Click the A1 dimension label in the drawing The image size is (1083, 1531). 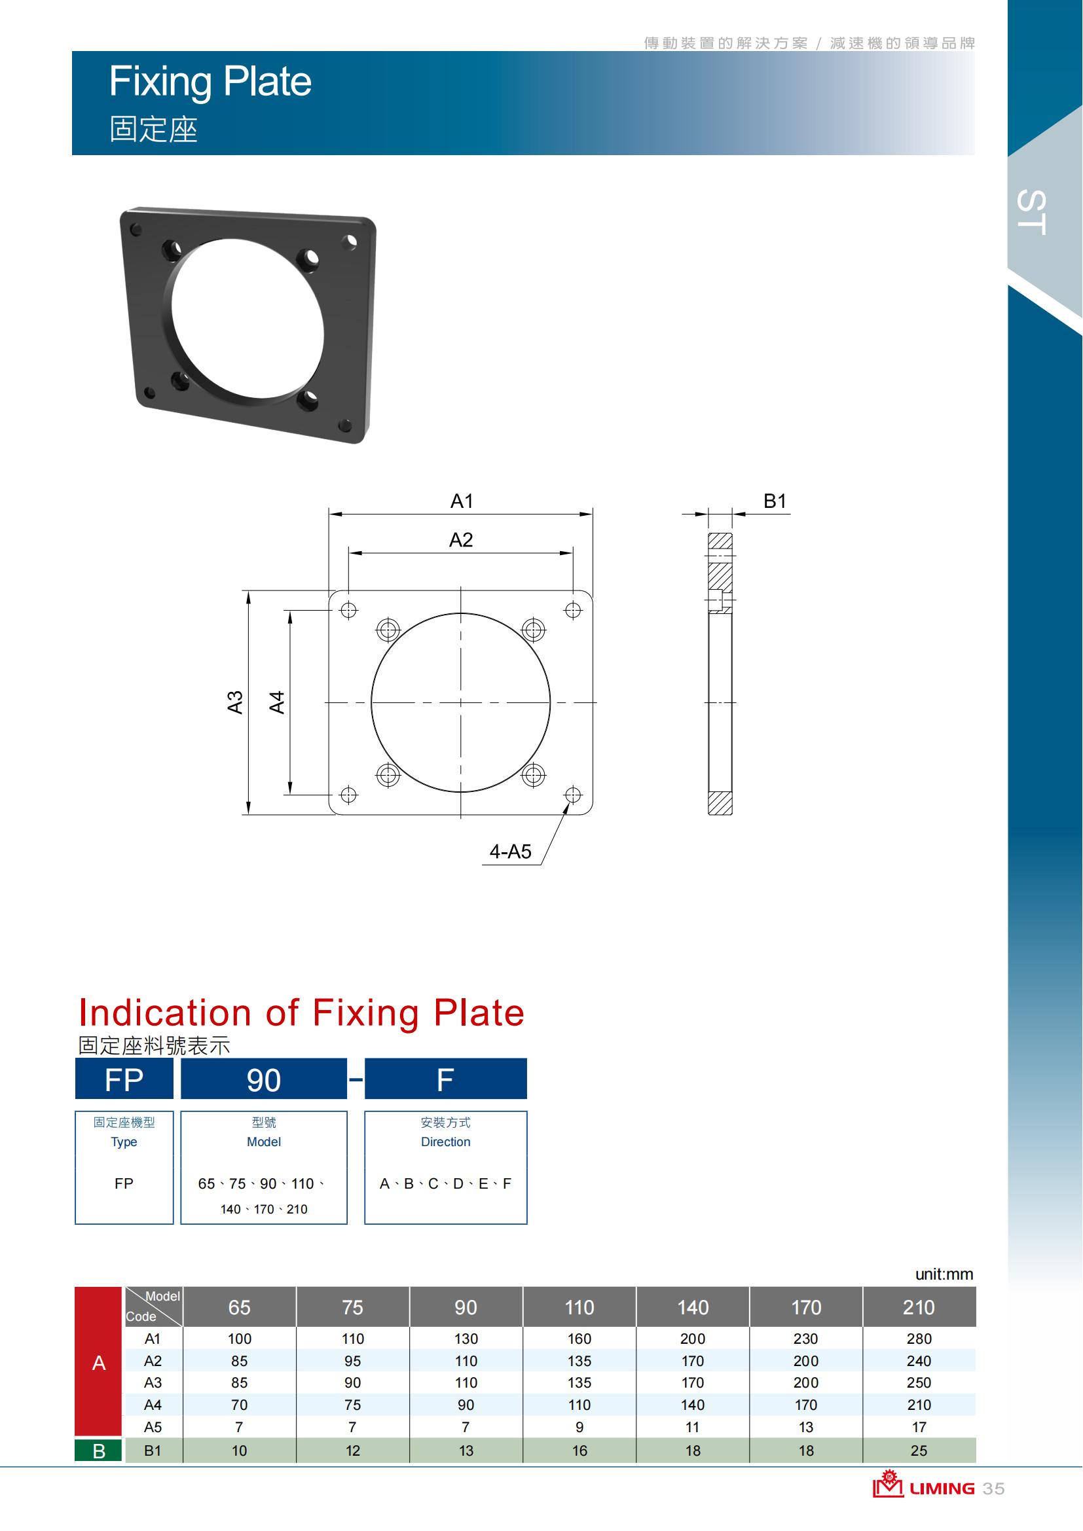[462, 501]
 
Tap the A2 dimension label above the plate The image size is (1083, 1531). [461, 539]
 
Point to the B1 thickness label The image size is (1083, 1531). [775, 501]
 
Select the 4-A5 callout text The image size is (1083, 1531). [510, 852]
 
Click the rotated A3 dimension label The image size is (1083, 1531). [235, 702]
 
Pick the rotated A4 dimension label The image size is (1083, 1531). [277, 702]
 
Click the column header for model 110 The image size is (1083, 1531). [579, 1308]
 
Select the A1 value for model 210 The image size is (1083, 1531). [919, 1339]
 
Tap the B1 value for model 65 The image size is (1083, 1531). [240, 1450]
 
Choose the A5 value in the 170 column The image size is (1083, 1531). [806, 1427]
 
